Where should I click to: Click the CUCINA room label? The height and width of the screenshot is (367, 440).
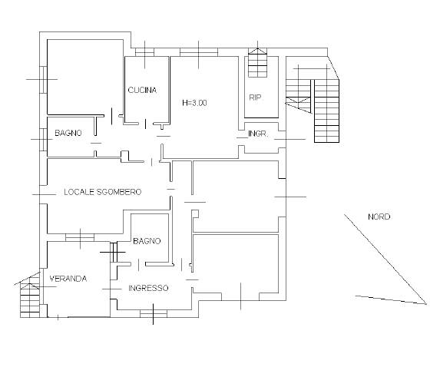pos(142,90)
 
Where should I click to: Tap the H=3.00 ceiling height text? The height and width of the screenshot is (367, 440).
pos(194,103)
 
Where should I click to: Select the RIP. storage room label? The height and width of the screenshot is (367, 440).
pos(256,98)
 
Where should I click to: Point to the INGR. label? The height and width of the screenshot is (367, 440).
pos(258,134)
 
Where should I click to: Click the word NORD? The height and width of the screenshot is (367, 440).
pos(379,217)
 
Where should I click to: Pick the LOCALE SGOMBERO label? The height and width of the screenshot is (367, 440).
pos(103,192)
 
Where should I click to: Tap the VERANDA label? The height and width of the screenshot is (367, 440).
pos(68,279)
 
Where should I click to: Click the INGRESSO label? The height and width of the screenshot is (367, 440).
pos(148,288)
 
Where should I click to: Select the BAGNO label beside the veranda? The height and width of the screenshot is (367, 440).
pos(147,241)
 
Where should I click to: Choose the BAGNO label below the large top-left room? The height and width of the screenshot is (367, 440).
pos(68,133)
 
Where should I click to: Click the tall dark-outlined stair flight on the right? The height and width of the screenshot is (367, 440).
pos(326,111)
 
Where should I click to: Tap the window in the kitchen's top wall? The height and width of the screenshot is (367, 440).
pos(144,52)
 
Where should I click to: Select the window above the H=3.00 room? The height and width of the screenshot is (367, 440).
pos(199,52)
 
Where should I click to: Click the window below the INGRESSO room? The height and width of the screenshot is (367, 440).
pos(154,314)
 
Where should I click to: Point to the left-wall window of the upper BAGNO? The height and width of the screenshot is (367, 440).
pos(43,140)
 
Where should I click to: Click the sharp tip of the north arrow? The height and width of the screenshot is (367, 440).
pos(426,304)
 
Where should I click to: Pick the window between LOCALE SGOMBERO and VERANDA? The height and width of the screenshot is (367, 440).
pos(80,237)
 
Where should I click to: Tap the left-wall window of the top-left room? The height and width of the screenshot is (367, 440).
pos(43,79)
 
